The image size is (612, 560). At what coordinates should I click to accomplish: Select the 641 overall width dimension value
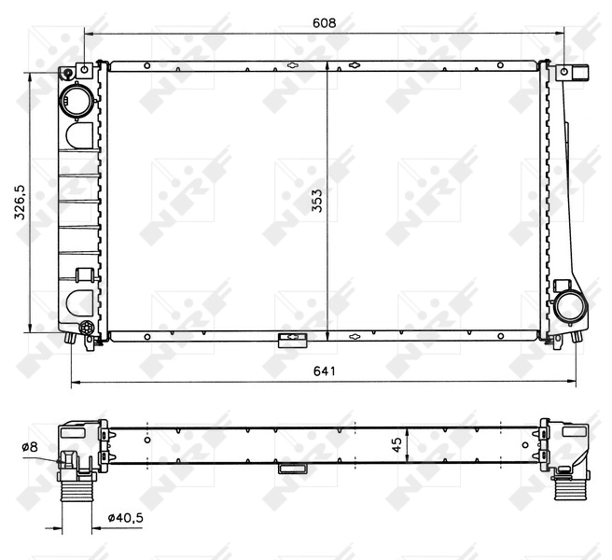coord(324,371)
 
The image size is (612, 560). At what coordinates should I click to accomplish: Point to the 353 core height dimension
coord(317,200)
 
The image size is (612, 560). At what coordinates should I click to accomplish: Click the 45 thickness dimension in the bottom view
coord(396,446)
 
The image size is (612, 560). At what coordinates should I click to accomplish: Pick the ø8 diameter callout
coord(30,447)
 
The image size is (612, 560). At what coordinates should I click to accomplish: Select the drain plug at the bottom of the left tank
coord(85,329)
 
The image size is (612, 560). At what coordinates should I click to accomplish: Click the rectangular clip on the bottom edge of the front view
coord(291,338)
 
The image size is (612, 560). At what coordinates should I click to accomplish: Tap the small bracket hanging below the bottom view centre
coord(291,469)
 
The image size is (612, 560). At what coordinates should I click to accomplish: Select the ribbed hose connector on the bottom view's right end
coord(565,484)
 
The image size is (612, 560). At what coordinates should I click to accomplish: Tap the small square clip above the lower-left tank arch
coord(83,274)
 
